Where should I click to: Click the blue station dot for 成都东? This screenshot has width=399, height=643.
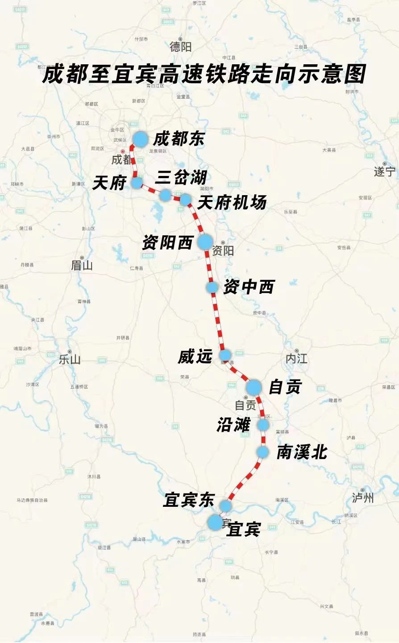pos(140,139)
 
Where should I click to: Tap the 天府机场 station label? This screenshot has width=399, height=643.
pos(232,203)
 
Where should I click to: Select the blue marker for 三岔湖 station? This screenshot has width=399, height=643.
pos(166,195)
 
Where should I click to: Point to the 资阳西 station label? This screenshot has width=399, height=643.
pos(167,242)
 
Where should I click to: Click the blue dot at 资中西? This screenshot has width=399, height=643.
pos(212,287)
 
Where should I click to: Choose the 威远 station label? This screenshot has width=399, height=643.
pos(195,356)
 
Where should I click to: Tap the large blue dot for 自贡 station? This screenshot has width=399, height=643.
pos(254,387)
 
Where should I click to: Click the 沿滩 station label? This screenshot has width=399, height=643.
pos(233,425)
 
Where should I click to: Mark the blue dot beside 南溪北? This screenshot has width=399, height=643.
pos(263,452)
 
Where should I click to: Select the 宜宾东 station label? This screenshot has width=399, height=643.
pos(189,500)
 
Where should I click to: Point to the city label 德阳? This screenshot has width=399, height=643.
pos(181,46)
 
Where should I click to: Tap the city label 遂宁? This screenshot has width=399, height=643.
pos(385,171)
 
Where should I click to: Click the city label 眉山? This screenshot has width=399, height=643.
pos(82,266)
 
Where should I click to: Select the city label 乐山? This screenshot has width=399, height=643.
pos(70,359)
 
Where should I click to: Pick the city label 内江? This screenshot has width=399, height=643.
pos(297,358)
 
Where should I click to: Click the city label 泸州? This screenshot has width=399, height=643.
pos(363,497)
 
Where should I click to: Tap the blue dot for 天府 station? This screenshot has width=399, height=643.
pos(137,182)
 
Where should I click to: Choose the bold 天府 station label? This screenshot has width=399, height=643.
pos(109,183)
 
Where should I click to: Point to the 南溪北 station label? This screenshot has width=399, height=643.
pos(302,452)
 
